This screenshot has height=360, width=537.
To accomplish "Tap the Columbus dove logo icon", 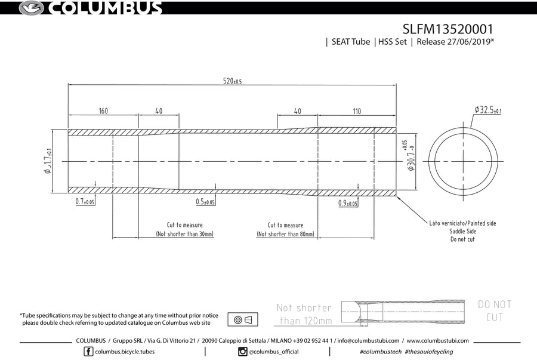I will tap(32, 8).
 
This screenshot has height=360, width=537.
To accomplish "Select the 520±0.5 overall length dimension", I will tap(232, 81).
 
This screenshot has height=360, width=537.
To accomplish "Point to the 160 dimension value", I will tap(103, 111).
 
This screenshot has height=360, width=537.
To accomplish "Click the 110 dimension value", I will tap(357, 111).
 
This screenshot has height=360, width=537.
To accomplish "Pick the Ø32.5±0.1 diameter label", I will tap(487, 110).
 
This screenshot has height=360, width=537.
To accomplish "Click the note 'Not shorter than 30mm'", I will tap(184, 234).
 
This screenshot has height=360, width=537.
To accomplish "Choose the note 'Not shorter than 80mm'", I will tap(285, 234).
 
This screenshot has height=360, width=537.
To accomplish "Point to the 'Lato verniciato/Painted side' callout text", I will tap(462, 223).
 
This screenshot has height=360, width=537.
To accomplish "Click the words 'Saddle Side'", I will tap(462, 231).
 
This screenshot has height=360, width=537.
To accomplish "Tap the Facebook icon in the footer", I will tap(88, 352).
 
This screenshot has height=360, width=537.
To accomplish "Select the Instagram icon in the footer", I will tap(243, 352).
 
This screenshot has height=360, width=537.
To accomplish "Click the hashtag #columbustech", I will tap(381, 352).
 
